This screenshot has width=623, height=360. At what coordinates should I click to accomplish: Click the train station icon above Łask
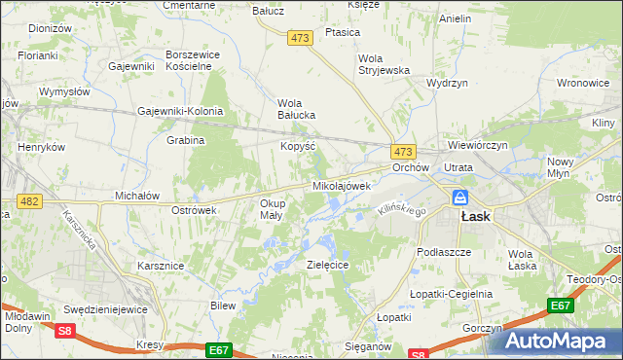[x=459, y=198]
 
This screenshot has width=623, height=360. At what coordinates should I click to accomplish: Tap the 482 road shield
[x=29, y=201]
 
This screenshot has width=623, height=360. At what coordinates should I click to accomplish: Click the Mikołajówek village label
[x=342, y=185]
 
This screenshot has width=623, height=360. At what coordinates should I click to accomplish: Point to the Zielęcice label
[x=328, y=264]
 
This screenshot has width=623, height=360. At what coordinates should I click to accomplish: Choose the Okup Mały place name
[x=272, y=209]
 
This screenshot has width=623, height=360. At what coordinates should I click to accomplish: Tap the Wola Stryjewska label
[x=385, y=63]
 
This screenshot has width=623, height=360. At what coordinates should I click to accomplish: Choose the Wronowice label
[x=584, y=84]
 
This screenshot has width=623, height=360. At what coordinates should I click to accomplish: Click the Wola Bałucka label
[x=297, y=108]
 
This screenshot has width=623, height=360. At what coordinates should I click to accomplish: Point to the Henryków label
[x=41, y=147]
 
